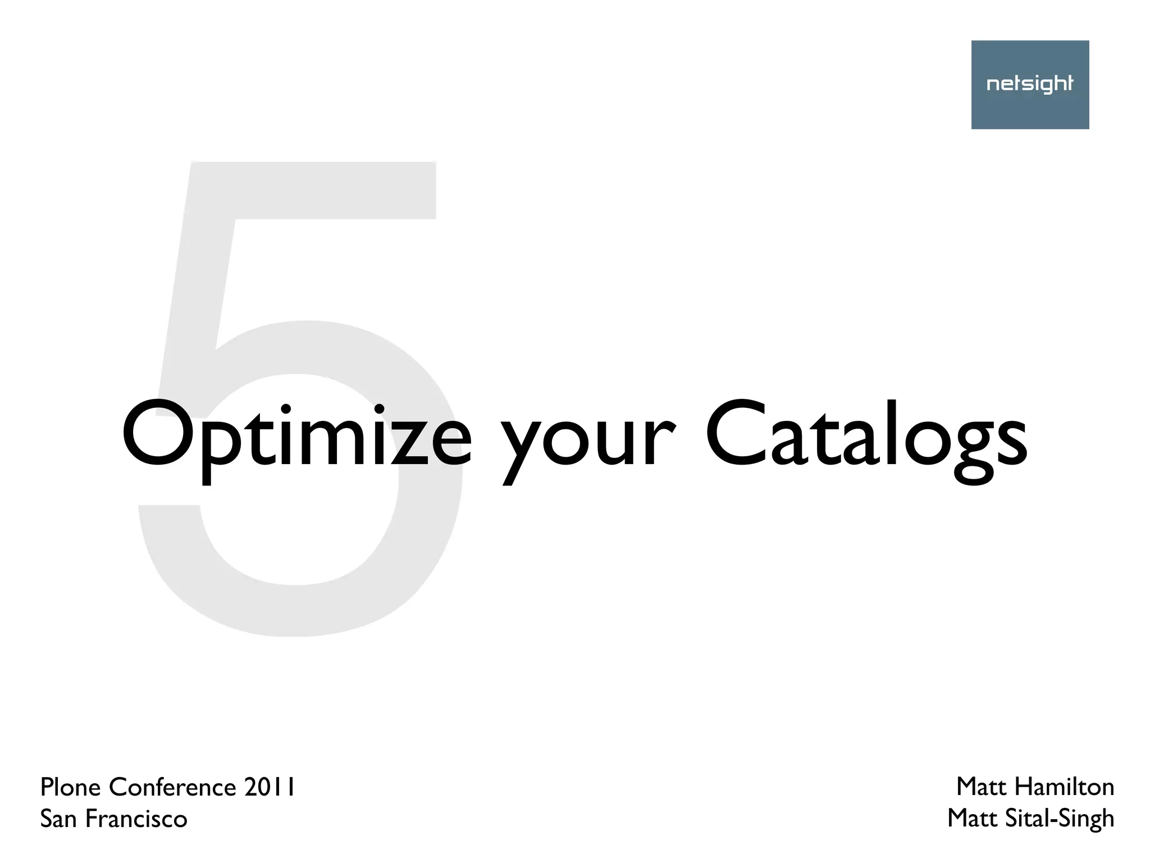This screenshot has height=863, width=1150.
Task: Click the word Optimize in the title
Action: coord(296,435)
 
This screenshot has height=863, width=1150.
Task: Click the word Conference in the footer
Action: coord(172,787)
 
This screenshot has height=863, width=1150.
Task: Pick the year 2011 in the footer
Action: coord(270,787)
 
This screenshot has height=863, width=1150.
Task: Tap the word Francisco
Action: coord(136,819)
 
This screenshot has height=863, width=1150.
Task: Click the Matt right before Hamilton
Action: coord(980,787)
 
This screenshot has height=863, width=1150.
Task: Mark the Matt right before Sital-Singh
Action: coord(971,819)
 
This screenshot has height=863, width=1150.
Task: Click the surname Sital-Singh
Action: coord(1058,820)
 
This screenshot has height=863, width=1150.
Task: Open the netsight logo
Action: coord(1030,85)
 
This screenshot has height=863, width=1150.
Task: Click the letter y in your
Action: coord(520,449)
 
